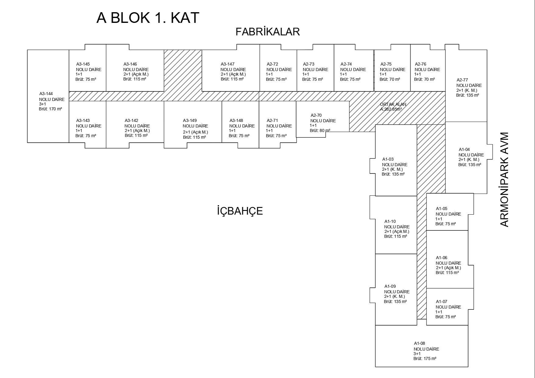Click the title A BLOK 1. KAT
148,18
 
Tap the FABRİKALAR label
268,32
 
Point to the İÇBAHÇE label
240,211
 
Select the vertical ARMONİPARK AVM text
505,180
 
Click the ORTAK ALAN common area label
393,104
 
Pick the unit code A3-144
46,94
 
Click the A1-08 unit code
419,344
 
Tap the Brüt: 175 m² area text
425,358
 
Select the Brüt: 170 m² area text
50,109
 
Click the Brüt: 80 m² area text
320,130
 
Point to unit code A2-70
316,115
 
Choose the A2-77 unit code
462,80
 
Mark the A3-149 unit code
190,120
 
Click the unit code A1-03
388,159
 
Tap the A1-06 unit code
441,258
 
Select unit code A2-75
386,64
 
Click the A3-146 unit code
130,64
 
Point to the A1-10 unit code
390,221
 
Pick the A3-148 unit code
236,120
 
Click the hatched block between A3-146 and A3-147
183,70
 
